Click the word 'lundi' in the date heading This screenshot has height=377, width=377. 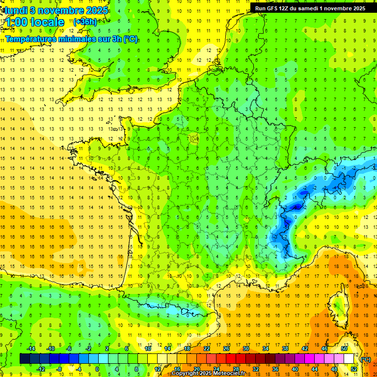[16, 10]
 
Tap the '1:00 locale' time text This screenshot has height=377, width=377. [34, 22]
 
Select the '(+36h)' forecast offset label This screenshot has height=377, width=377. [85, 22]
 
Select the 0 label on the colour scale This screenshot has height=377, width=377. [97, 369]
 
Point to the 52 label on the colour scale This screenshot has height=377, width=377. [353, 369]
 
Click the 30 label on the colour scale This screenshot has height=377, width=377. [246, 349]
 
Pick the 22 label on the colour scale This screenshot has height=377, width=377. [207, 349]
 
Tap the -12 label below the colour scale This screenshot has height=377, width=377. [41, 369]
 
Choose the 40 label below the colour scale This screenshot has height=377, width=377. [295, 369]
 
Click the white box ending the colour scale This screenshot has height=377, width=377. [349, 359]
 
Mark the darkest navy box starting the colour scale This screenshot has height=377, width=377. [25, 359]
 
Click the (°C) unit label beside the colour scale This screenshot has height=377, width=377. [366, 359]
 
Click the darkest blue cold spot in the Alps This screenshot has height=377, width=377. [296, 208]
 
